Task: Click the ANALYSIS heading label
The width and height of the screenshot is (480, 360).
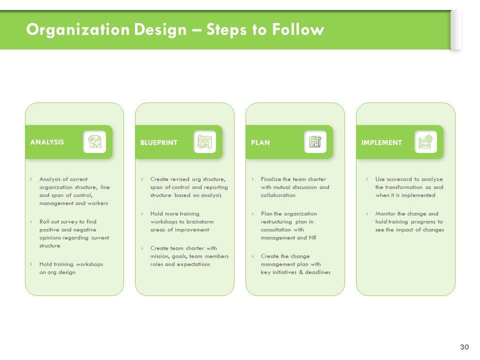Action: [x=47, y=142]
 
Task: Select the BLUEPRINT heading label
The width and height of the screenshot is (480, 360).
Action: [x=158, y=142]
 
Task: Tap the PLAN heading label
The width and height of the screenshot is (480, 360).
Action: [x=260, y=142]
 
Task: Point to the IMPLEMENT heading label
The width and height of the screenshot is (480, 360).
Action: [x=381, y=142]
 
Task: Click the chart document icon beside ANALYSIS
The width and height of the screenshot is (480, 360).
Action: [x=94, y=142]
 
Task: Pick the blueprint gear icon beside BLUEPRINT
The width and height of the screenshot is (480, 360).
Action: [x=205, y=142]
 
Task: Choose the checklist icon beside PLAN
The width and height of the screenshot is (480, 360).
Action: [x=315, y=142]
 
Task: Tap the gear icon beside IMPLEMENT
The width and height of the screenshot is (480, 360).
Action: [x=426, y=142]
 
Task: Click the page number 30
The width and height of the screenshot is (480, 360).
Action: [x=464, y=347]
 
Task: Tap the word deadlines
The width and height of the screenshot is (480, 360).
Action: [x=318, y=272]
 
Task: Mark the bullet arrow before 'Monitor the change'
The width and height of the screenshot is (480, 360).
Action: [x=367, y=213]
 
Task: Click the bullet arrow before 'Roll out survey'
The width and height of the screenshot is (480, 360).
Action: [x=31, y=221]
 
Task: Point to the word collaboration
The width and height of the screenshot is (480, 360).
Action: [x=278, y=195]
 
